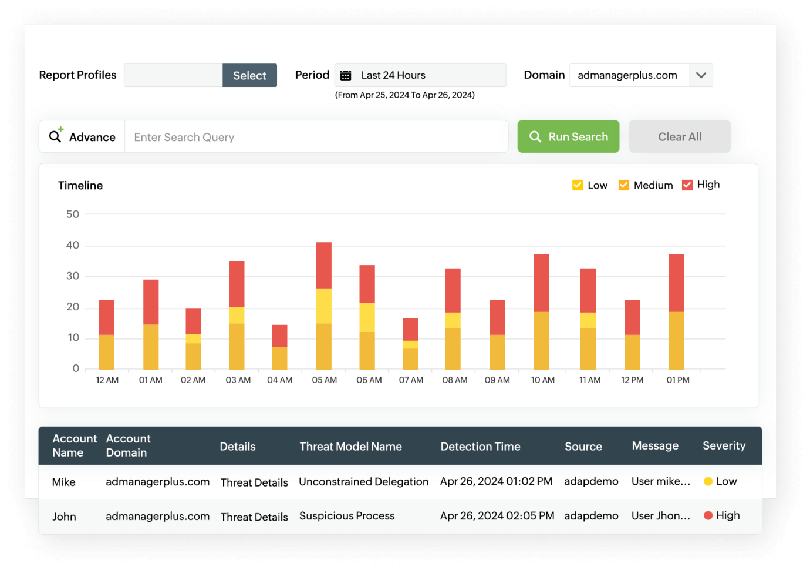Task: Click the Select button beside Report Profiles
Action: [249, 75]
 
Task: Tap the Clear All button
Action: [679, 137]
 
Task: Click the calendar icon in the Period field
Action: [346, 75]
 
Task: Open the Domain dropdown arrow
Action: [701, 75]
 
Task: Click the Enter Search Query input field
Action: [316, 137]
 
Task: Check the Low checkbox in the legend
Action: [578, 185]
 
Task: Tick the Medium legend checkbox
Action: [624, 185]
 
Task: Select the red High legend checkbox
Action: [687, 185]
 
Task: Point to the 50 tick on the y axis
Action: [73, 214]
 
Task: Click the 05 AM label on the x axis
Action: [325, 380]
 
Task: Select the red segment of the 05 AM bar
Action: [324, 265]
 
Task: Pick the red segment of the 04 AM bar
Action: [279, 336]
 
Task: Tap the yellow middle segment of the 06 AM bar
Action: [367, 317]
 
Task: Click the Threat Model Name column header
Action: [350, 447]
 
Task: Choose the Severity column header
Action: [724, 446]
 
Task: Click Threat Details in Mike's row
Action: [254, 482]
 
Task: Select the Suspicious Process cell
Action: [347, 516]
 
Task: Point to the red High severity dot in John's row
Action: [708, 515]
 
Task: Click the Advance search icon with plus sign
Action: [56, 136]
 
